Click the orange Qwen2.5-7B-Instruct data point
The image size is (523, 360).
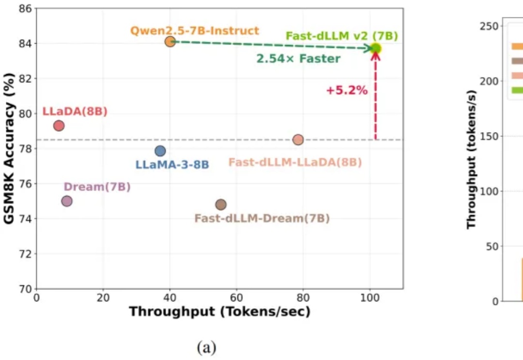click(170, 42)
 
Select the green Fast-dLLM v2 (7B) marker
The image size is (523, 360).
click(376, 48)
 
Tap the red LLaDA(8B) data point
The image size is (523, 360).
click(59, 126)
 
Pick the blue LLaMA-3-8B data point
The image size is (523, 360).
click(160, 151)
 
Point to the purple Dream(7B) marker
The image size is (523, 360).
click(67, 201)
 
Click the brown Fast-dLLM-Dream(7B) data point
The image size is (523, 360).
click(221, 205)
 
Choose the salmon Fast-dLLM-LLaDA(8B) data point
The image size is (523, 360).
click(298, 140)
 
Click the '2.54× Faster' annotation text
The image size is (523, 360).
click(298, 59)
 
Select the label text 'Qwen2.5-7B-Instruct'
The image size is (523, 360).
click(195, 31)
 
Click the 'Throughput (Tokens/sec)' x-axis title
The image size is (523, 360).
click(219, 312)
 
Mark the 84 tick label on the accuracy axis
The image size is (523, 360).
click(25, 44)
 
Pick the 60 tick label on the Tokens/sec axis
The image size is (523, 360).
click(236, 297)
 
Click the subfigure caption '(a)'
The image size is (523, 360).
click(207, 347)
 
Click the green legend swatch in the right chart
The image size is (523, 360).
click(517, 90)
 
